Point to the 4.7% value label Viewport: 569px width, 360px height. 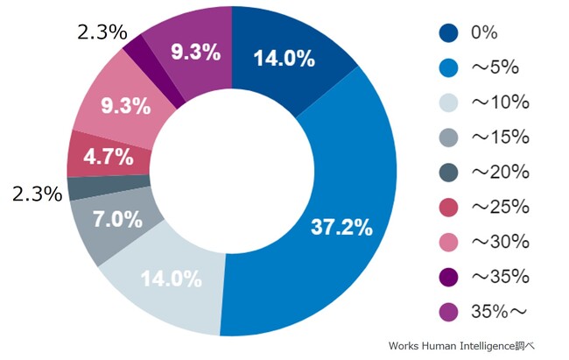(x=107, y=158)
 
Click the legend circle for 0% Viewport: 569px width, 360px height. (x=449, y=33)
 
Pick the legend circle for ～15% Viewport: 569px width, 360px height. (x=449, y=138)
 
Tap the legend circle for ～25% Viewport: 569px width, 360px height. (x=449, y=208)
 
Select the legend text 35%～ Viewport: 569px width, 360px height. (x=495, y=312)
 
